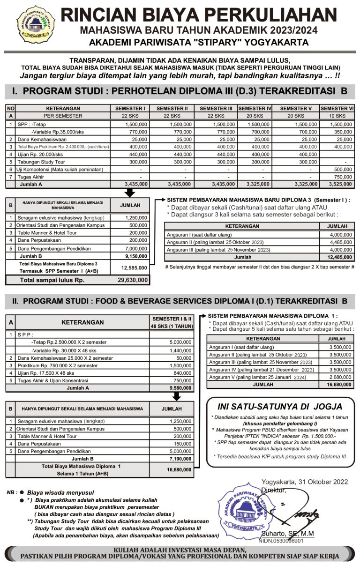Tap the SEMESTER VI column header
point(337,108)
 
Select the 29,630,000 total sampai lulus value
point(133,280)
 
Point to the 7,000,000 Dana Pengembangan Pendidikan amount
point(136,248)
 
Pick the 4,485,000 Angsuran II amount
point(341,242)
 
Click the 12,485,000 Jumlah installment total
point(339,257)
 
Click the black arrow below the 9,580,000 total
point(176,396)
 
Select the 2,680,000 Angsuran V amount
point(340,377)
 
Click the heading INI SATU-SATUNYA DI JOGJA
point(280,407)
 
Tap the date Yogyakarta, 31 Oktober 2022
point(304,482)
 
